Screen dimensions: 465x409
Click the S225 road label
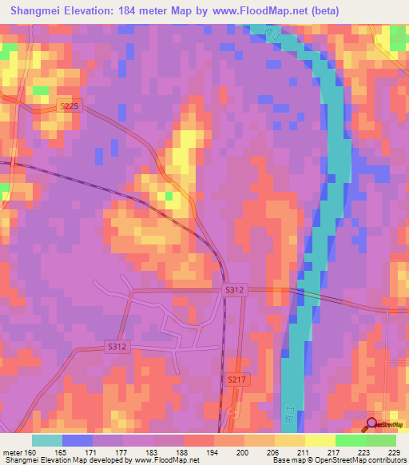tap(70, 105)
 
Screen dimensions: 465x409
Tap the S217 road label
tap(237, 381)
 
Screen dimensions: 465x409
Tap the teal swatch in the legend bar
tap(47, 440)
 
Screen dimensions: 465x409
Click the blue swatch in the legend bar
tap(77, 440)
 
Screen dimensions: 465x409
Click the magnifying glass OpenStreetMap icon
tap(371, 424)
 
